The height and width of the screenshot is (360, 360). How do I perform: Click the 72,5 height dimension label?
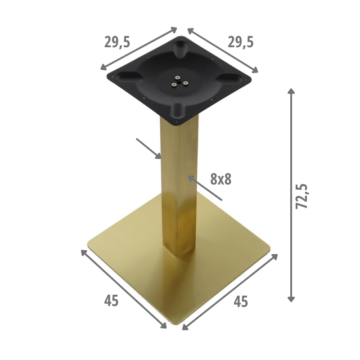pyautogui.click(x=301, y=196)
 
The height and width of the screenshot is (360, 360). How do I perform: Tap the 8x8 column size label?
pyautogui.click(x=221, y=179)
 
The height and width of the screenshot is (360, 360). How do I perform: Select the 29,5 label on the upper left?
pyautogui.click(x=117, y=42)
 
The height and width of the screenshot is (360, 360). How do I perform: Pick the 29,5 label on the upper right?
pyautogui.click(x=241, y=42)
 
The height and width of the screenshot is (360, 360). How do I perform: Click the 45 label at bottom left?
pyautogui.click(x=111, y=301)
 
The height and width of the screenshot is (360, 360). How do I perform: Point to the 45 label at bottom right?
pyautogui.click(x=241, y=301)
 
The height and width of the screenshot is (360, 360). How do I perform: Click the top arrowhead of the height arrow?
pyautogui.click(x=291, y=91)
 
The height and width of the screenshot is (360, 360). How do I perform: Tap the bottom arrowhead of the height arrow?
pyautogui.click(x=291, y=299)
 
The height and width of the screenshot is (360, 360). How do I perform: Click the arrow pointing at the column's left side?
pyautogui.click(x=149, y=148)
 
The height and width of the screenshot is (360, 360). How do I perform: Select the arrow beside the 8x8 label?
pyautogui.click(x=205, y=188)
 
